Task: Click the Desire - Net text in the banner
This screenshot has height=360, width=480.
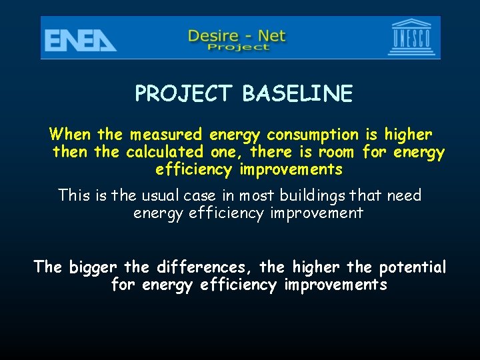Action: [x=237, y=35]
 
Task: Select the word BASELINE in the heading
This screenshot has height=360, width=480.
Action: [x=297, y=94]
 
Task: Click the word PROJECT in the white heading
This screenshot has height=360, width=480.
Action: [x=185, y=94]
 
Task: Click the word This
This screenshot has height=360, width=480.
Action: [x=74, y=195]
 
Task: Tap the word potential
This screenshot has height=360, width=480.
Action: [x=413, y=268]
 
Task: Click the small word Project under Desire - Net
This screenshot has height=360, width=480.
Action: [x=237, y=47]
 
